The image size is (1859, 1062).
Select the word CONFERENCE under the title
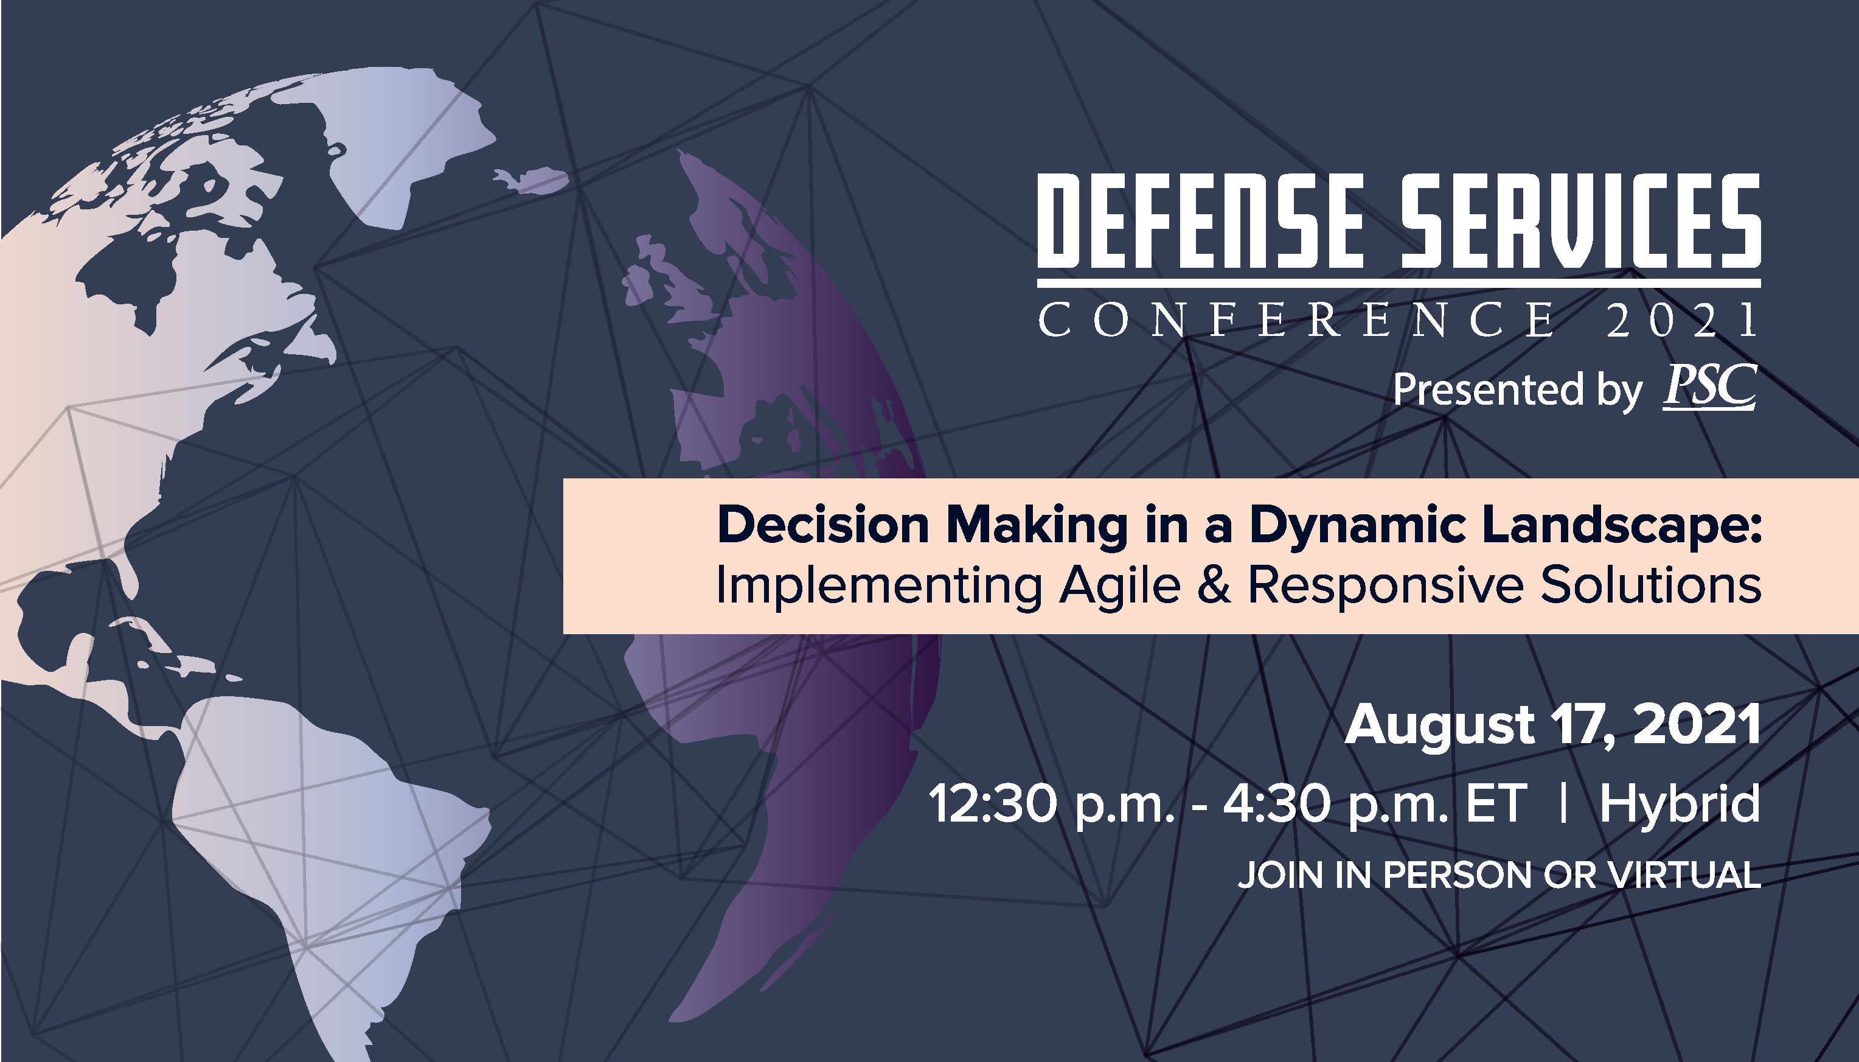[1296, 320]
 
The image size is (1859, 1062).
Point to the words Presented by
[1517, 390]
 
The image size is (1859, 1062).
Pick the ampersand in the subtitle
[1213, 585]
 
